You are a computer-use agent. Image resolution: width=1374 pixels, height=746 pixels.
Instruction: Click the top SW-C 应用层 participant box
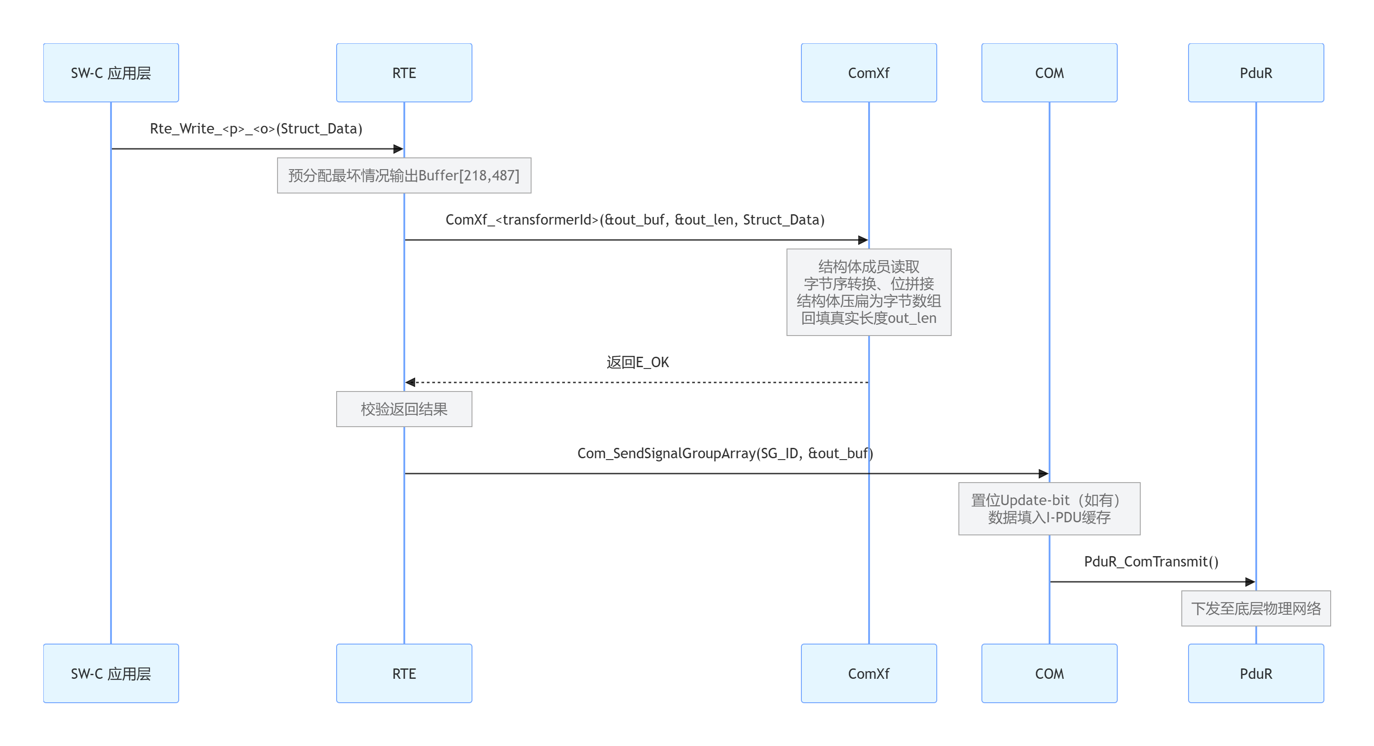[111, 73]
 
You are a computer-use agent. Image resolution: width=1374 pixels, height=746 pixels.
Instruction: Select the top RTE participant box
[404, 73]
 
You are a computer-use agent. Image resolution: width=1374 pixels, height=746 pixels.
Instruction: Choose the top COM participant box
[1049, 73]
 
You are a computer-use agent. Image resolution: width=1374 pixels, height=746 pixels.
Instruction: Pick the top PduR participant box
[1256, 73]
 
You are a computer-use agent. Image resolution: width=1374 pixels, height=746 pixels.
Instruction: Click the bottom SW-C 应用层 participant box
[111, 673]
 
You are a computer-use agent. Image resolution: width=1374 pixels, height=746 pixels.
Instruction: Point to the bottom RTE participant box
[404, 673]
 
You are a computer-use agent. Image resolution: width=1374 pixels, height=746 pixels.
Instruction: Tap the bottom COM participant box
[1049, 673]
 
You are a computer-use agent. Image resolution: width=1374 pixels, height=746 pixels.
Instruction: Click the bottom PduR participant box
[1256, 673]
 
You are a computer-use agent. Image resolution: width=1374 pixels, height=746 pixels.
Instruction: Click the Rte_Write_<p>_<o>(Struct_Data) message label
[256, 129]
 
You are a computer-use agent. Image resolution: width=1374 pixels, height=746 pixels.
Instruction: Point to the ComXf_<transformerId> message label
[635, 220]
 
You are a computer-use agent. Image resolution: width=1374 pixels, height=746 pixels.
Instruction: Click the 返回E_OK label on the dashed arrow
[638, 363]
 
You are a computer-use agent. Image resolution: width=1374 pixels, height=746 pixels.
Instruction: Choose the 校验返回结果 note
[404, 409]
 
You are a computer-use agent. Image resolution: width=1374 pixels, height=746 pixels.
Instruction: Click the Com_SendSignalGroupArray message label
[725, 454]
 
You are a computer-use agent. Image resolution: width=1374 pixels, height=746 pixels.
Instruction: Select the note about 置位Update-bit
[1049, 509]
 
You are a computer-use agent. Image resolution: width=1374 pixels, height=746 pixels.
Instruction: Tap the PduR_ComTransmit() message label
[1151, 562]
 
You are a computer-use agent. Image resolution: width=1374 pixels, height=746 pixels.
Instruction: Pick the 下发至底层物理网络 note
[1256, 608]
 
